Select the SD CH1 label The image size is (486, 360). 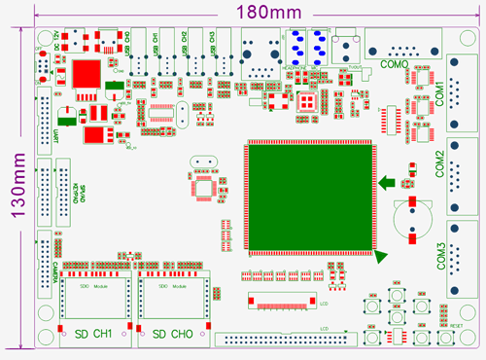coord(94,334)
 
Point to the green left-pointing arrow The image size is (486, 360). coord(387,180)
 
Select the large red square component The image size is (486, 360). coord(87,74)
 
